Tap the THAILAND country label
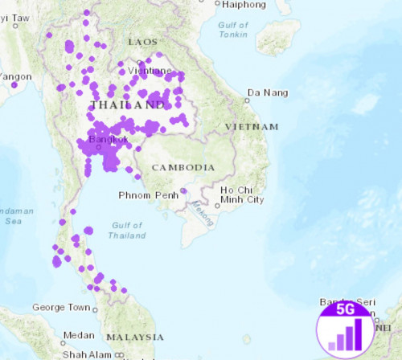click(128, 105)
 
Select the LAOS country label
click(142, 41)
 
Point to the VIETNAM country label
click(252, 127)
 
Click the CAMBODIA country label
click(183, 167)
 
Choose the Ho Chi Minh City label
click(242, 194)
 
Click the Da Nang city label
click(267, 93)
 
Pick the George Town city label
click(60, 308)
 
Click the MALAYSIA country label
click(135, 337)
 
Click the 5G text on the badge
click(345, 309)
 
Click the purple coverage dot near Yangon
click(14, 84)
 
